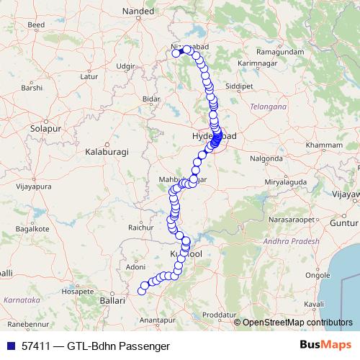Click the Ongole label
(x=318, y=274)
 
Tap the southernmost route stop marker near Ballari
(x=141, y=291)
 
